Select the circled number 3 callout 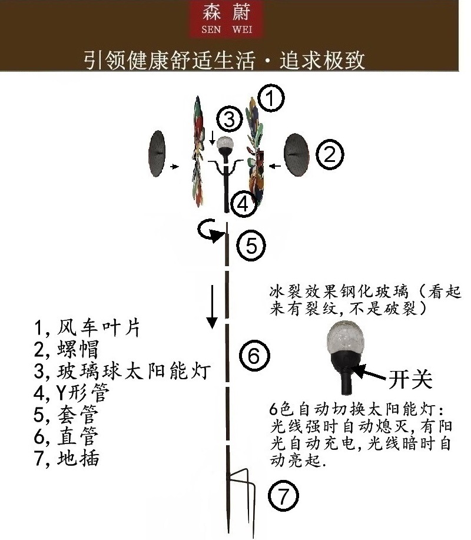[229, 120]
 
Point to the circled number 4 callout [243, 204]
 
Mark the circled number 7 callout [284, 498]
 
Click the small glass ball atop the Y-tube [224, 143]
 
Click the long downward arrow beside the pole [211, 306]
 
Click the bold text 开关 [410, 380]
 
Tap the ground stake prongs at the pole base [243, 489]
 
